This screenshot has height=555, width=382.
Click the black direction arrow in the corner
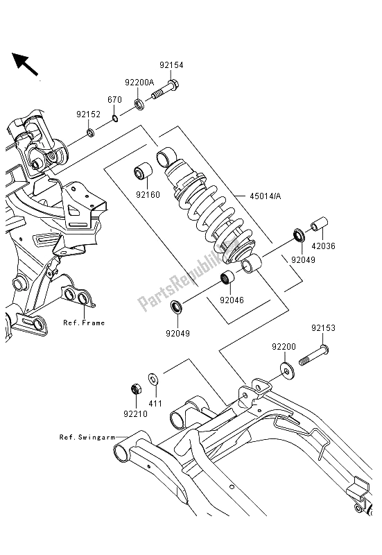pos(25,64)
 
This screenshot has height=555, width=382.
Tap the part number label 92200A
pos(139,83)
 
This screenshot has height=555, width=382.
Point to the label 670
pos(114,100)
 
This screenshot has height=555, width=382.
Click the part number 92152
pos(89,114)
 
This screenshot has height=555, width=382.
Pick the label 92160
pos(148,195)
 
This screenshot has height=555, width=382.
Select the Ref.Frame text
pos(83,322)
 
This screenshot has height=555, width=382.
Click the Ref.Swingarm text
pos(86,438)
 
